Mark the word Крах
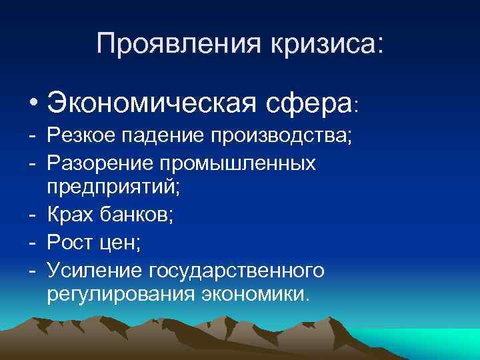(69, 217)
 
